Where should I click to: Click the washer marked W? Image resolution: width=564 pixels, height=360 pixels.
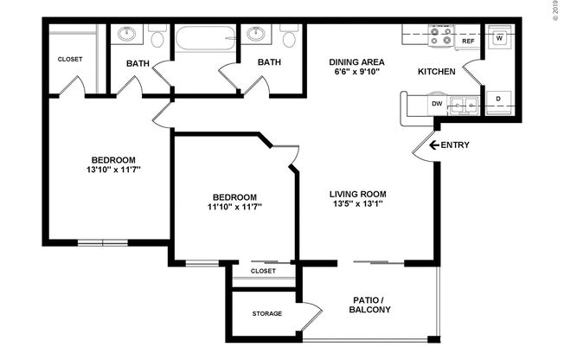(500, 38)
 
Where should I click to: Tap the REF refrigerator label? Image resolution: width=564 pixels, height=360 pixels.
(468, 41)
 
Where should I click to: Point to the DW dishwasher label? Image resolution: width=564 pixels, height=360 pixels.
(438, 103)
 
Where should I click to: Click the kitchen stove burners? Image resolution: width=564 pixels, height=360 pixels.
(440, 35)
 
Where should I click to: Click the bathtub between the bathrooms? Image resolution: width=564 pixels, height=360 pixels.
(206, 37)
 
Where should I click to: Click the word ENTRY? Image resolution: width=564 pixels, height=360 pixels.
(455, 145)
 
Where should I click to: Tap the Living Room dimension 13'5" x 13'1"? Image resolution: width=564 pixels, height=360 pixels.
(356, 205)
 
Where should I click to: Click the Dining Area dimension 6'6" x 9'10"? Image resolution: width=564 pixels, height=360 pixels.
(356, 73)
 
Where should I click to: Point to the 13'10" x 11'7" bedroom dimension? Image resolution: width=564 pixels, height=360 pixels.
(113, 170)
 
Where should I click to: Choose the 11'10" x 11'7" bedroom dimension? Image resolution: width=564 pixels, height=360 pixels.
(234, 207)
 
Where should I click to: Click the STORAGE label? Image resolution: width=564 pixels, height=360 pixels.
(266, 313)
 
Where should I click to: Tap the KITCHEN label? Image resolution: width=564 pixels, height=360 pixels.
(437, 72)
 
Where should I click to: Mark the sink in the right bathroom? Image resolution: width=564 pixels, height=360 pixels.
(256, 35)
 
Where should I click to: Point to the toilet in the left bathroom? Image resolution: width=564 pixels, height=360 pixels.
(157, 37)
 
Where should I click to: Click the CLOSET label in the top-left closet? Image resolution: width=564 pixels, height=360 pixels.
(70, 59)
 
